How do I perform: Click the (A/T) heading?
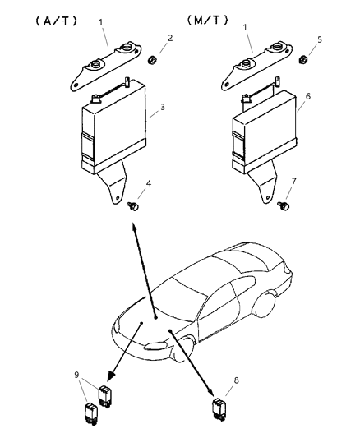click(56, 21)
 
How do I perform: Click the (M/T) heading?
click(207, 20)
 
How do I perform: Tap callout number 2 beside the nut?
click(170, 38)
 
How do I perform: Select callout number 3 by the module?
click(163, 107)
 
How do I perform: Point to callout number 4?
click(149, 183)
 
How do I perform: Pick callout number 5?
click(320, 39)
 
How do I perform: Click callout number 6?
click(307, 96)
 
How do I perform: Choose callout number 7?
click(293, 182)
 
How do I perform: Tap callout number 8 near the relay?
click(236, 380)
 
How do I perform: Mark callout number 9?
click(76, 375)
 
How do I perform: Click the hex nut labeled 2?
click(152, 59)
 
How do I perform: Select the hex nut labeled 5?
click(303, 59)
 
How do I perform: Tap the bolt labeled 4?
click(133, 207)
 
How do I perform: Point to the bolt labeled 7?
click(284, 206)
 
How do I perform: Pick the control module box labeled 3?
click(114, 126)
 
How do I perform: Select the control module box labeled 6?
click(264, 132)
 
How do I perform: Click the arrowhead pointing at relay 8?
click(212, 394)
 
